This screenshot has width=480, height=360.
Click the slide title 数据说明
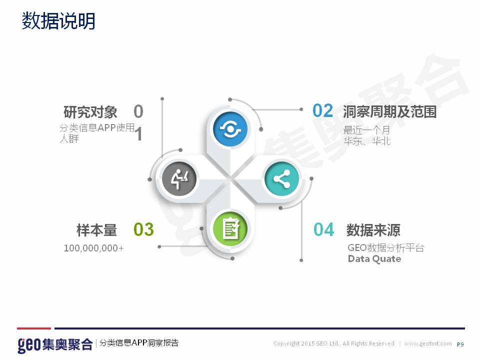58,21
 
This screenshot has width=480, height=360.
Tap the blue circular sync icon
230,129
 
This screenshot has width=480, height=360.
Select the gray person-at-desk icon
179,179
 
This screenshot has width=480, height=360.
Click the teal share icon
281,179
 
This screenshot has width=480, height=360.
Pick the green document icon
230,228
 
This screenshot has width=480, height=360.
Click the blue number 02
322,111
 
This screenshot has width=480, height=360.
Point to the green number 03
143,229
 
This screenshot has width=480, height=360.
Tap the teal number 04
323,229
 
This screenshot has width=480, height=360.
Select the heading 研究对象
90,111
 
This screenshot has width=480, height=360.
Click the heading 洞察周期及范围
389,111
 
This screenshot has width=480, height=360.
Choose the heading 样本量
96,230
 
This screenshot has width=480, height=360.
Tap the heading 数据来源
373,230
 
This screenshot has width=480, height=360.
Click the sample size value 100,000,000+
93,248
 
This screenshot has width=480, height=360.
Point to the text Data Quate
374,259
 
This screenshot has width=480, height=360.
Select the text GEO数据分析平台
386,247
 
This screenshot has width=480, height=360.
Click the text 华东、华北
367,141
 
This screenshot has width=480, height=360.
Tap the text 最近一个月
366,130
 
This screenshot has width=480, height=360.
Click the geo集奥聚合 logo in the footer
55,344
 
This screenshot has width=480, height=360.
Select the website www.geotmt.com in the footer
428,343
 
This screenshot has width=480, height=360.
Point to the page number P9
460,344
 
